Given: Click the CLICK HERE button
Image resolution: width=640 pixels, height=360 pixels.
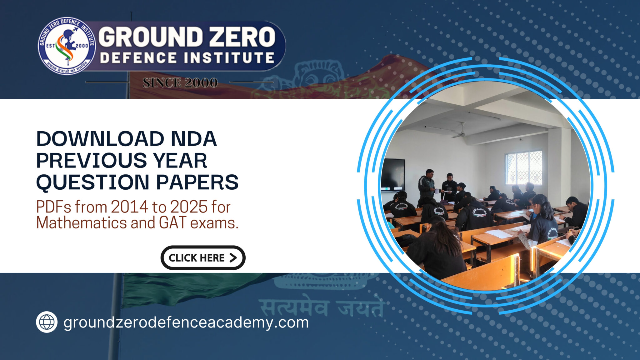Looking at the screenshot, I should point(203,258).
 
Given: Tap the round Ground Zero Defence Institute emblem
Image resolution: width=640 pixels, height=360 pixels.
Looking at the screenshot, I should point(67,46).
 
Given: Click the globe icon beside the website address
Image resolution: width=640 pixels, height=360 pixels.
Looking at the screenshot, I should point(47,322).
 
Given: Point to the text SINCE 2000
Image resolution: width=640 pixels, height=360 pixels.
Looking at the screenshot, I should point(180,83).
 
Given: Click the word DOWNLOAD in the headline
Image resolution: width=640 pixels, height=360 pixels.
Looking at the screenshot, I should point(100,139).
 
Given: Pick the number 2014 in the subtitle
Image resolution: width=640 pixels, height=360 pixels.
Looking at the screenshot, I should point(129,207).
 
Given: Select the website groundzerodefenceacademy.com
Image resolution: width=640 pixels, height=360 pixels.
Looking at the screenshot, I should point(186,322).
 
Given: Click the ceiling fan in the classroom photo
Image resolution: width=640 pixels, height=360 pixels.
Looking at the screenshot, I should point(459,133).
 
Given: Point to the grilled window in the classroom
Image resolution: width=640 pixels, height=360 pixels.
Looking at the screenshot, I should point(523,167).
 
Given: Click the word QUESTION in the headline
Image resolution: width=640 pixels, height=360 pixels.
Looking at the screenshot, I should point(93,182).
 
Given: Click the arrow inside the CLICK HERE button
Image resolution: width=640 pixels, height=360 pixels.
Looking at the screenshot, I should point(233,258).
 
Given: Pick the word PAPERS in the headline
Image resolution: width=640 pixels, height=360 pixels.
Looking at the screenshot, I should point(197,182).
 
